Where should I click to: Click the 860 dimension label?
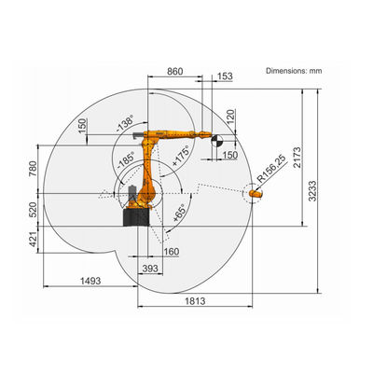(175, 71)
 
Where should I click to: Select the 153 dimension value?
(225, 76)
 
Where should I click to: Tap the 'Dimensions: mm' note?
(294, 71)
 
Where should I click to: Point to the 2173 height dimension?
(297, 158)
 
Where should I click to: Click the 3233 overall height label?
(312, 191)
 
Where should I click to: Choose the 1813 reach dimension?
(195, 301)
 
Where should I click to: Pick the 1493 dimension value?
(90, 281)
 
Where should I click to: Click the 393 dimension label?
(150, 269)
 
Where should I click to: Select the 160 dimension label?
(172, 252)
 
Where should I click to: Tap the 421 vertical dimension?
(33, 240)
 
